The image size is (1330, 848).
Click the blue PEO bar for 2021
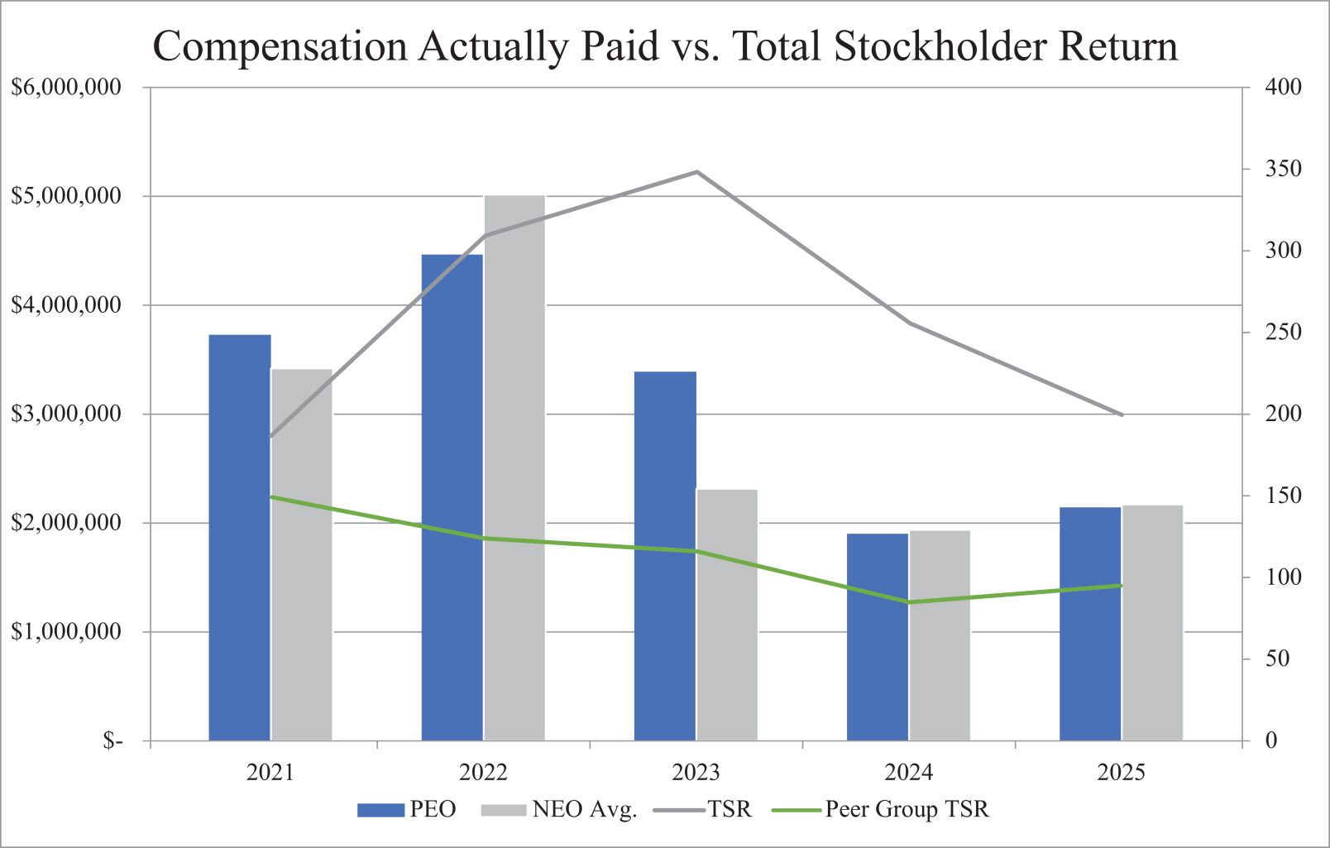coord(239,538)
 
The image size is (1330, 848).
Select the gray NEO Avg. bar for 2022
coord(514,468)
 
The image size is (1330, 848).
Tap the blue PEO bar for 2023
coord(665,556)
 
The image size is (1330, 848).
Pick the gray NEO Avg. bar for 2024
coord(940,635)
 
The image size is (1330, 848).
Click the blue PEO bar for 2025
coord(1090,624)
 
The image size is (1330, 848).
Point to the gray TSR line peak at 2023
coord(697,172)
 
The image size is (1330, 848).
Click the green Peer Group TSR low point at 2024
coord(909,602)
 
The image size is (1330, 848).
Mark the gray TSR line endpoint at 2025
coord(1122,414)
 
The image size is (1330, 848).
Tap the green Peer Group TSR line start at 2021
coord(271,497)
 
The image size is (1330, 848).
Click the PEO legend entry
coord(407,809)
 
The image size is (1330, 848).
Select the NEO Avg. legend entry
coord(559,809)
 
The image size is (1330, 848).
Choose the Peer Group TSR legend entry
coord(880,809)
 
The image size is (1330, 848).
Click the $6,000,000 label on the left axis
coord(66,87)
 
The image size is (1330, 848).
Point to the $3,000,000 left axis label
coord(66,414)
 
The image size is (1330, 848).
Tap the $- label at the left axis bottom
coord(112,740)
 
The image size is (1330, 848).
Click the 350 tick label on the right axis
coord(1283,169)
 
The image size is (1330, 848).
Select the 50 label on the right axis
coord(1277,659)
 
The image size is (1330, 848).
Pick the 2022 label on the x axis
coord(483,773)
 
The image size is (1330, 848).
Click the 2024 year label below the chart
coord(908,773)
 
